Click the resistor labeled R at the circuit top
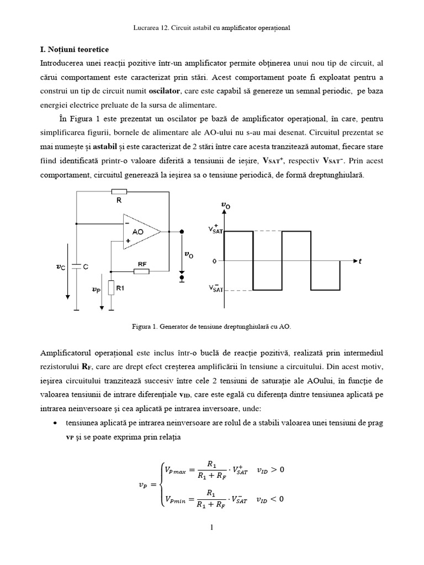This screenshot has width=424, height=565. [x=119, y=192]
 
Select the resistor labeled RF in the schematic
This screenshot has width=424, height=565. [x=142, y=271]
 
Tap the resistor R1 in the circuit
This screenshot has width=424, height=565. [x=111, y=287]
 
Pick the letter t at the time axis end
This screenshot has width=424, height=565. [x=360, y=262]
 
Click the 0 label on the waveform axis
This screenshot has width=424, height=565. [x=214, y=260]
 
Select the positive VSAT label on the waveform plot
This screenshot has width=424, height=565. [x=215, y=231]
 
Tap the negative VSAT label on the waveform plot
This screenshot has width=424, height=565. [x=215, y=289]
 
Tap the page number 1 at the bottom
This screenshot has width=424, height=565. [x=211, y=526]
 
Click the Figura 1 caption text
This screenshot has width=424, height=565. [x=211, y=327]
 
